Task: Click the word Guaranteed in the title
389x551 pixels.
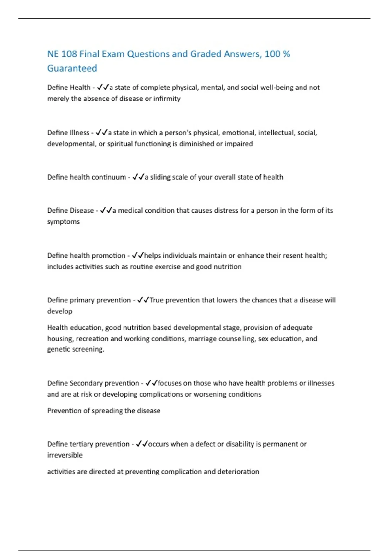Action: pyautogui.click(x=72, y=68)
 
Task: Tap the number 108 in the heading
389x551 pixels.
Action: pyautogui.click(x=69, y=54)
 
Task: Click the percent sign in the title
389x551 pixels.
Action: pyautogui.click(x=286, y=54)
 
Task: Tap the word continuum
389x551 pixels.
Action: pyautogui.click(x=111, y=177)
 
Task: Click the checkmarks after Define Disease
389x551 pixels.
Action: pyautogui.click(x=106, y=210)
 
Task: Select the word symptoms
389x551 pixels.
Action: pyautogui.click(x=64, y=222)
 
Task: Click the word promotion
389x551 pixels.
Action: pyautogui.click(x=109, y=255)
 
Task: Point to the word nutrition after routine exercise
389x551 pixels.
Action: pyautogui.click(x=227, y=267)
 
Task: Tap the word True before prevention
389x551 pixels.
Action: pyautogui.click(x=157, y=300)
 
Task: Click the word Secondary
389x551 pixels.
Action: pyautogui.click(x=86, y=383)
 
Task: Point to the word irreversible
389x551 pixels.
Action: pyautogui.click(x=65, y=455)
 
